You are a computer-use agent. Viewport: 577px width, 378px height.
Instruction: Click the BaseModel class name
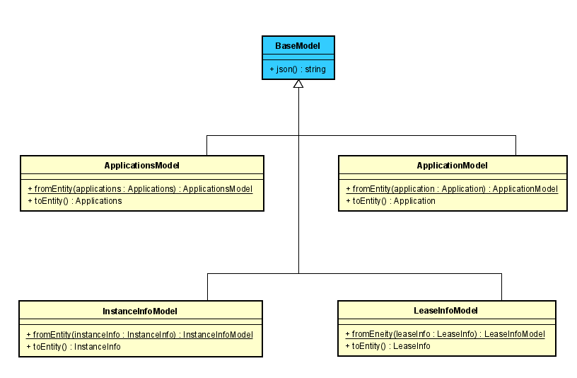(x=298, y=45)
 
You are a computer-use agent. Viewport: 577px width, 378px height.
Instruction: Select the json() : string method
(x=298, y=69)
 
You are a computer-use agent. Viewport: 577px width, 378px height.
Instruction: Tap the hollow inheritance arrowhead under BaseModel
(x=298, y=84)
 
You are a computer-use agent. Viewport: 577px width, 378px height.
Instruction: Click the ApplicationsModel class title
(x=141, y=165)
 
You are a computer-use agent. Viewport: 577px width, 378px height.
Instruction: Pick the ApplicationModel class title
(x=452, y=165)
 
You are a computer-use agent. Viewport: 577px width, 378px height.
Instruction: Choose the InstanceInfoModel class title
(x=140, y=311)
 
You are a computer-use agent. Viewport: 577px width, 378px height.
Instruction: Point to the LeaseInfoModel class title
(x=445, y=310)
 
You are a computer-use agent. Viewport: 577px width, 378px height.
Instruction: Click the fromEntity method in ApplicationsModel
(x=140, y=189)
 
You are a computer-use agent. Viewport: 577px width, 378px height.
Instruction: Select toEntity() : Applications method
(x=75, y=201)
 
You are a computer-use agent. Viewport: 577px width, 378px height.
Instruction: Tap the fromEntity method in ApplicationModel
(x=452, y=189)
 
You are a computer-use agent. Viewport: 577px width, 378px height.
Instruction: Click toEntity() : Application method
(x=390, y=201)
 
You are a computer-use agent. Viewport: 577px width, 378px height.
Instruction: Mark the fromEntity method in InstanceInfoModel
(x=139, y=335)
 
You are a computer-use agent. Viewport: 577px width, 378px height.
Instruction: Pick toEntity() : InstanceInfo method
(x=74, y=347)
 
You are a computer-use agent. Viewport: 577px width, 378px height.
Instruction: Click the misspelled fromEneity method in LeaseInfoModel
(x=445, y=334)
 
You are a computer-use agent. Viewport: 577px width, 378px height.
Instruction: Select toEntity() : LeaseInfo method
(x=387, y=346)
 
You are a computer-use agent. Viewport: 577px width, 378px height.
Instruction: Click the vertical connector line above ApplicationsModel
(x=206, y=145)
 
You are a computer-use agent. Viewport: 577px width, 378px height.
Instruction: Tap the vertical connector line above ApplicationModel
(x=515, y=145)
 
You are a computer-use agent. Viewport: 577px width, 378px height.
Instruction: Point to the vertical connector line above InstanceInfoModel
(x=207, y=287)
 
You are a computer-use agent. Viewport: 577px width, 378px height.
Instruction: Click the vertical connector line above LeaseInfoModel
(x=501, y=287)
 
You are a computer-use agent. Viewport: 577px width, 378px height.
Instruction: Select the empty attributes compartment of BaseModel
(x=298, y=57)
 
